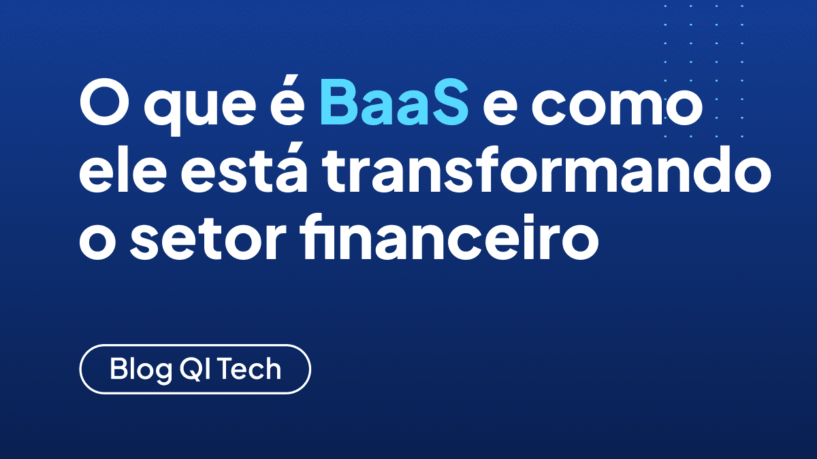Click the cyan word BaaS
coord(394,102)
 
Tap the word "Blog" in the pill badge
coord(141,370)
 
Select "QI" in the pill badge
coord(196,369)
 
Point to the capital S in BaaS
coord(448,102)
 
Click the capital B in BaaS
coord(338,102)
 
